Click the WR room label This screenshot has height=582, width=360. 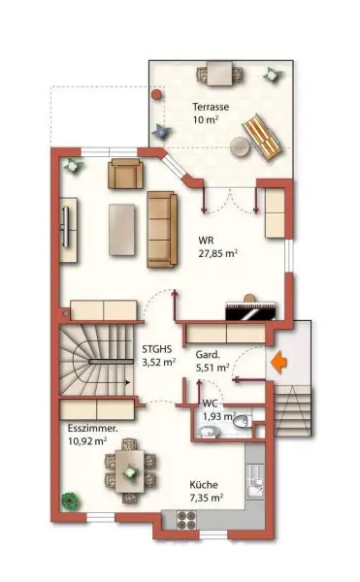(x=207, y=240)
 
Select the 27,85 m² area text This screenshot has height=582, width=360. (x=218, y=253)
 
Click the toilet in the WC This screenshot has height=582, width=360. (x=242, y=421)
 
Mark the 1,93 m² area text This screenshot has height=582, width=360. (x=218, y=416)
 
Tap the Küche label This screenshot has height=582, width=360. (x=205, y=485)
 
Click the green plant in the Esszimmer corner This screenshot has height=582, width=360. (x=69, y=501)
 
